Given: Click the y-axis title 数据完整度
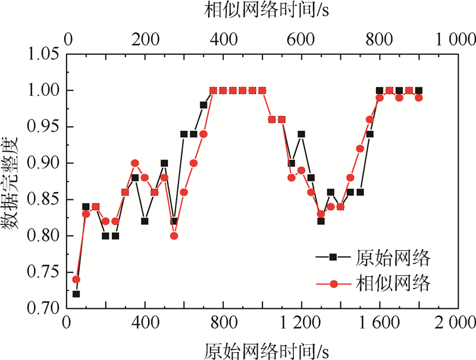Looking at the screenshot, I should [12, 181].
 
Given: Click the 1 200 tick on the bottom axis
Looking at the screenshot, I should [300, 325].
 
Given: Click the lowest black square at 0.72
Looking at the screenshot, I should [76, 294].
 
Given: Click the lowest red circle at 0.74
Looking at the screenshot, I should [76, 279].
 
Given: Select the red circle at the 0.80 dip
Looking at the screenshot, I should [174, 236].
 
